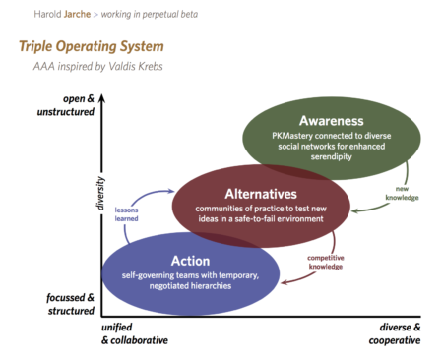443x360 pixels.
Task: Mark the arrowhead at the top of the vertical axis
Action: coord(101,92)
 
